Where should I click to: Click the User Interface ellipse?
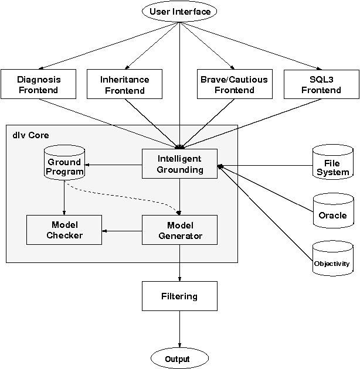click(x=179, y=12)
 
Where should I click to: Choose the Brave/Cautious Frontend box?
click(x=234, y=84)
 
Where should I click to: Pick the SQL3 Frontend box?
click(x=321, y=84)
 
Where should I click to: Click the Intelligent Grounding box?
click(x=179, y=164)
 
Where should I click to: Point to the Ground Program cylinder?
click(x=64, y=163)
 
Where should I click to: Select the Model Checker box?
click(x=64, y=230)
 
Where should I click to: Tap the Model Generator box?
click(x=179, y=230)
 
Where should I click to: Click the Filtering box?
click(x=179, y=296)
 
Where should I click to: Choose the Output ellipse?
click(x=179, y=358)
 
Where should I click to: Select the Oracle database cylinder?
click(x=332, y=211)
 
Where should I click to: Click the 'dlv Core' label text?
click(x=30, y=135)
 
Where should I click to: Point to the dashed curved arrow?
click(x=117, y=196)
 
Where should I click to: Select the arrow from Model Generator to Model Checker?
click(x=122, y=230)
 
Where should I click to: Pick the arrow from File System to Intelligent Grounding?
click(x=264, y=165)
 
